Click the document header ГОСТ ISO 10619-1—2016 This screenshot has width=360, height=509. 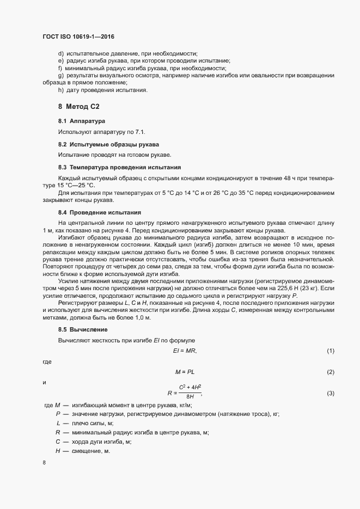[78, 36]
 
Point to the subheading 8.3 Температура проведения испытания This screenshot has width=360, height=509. [119, 168]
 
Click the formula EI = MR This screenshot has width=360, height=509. [185, 351]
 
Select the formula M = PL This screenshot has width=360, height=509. [185, 371]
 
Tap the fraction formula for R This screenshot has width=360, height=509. [185, 393]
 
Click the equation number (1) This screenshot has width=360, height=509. [330, 351]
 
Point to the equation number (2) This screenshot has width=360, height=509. [330, 371]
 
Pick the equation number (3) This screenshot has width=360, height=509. [330, 393]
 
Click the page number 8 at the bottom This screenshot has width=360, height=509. [44, 463]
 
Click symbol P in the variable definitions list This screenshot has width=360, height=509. [57, 414]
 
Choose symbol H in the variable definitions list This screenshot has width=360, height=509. [57, 451]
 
